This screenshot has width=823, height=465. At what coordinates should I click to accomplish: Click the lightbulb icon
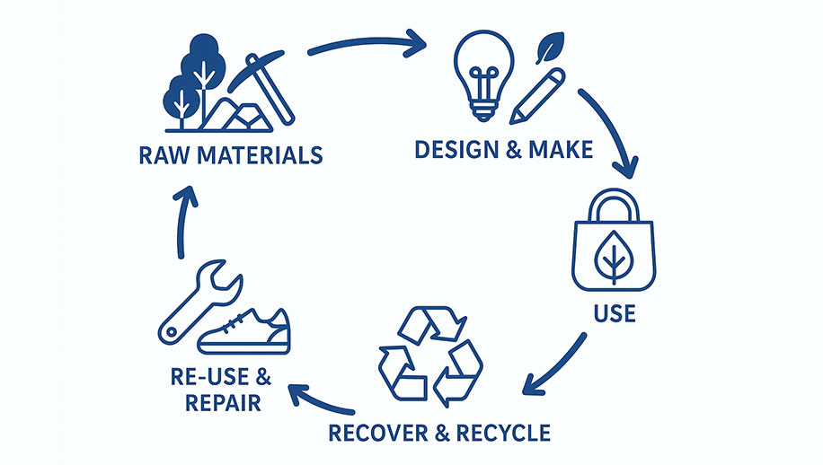coord(483,75)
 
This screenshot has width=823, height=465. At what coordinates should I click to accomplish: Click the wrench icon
coord(199,300)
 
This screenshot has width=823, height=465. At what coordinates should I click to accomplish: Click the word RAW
coord(161,155)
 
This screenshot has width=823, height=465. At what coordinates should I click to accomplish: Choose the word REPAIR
coord(223,401)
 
